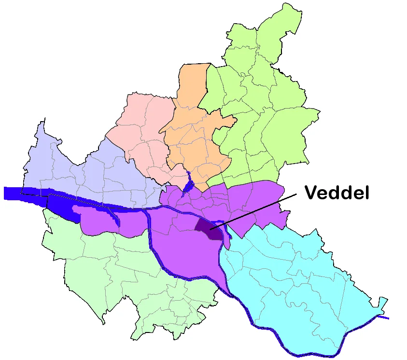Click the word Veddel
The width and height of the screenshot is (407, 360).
[337, 193]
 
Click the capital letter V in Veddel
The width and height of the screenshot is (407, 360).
[311, 193]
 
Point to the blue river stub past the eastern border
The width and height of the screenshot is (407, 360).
[384, 317]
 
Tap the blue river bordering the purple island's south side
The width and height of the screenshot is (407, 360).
[193, 279]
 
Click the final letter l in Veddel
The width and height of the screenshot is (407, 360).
[367, 193]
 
